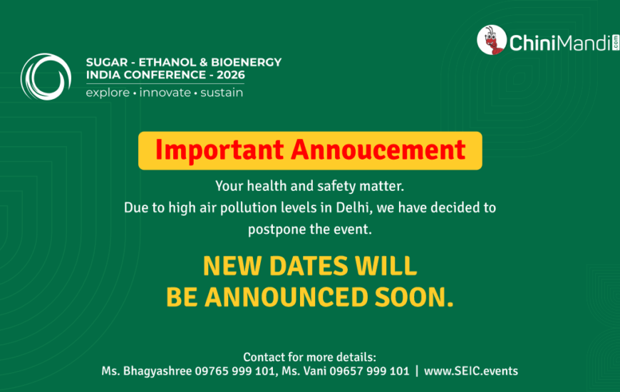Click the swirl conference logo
(46, 76)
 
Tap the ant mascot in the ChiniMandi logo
(492, 40)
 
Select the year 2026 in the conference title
(231, 75)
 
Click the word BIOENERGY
(246, 62)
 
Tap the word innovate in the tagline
(165, 93)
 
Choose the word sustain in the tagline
(222, 93)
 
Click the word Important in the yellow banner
(219, 150)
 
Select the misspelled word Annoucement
(378, 150)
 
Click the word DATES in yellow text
(309, 265)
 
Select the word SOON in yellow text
(413, 297)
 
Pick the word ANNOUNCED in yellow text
(286, 297)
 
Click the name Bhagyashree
(157, 371)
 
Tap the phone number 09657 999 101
(369, 371)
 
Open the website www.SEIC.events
(471, 371)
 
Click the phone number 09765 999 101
(235, 371)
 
